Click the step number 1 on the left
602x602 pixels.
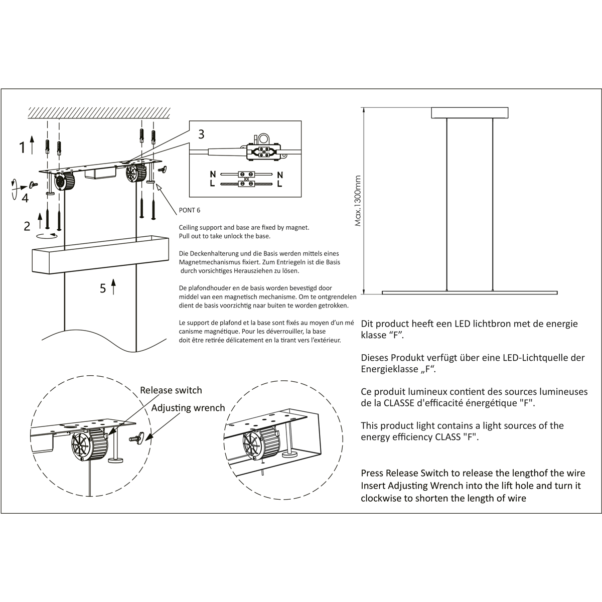(22, 147)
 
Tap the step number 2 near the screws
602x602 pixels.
(27, 226)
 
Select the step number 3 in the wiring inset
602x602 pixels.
(201, 134)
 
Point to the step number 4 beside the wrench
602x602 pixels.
(25, 198)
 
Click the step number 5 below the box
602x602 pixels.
(103, 288)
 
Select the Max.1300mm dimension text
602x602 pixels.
(358, 201)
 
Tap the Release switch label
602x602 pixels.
(171, 390)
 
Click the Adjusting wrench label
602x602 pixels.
(188, 408)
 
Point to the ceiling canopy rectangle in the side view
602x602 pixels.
(470, 113)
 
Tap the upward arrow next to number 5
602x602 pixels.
(114, 287)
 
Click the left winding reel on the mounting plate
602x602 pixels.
(64, 181)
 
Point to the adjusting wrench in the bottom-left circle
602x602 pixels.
(137, 438)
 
